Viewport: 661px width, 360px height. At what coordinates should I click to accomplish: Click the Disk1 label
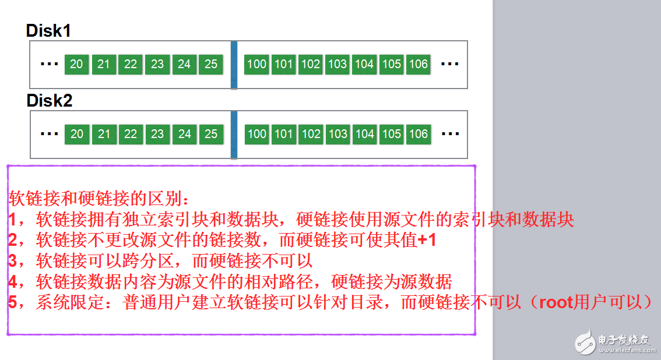[x=48, y=31]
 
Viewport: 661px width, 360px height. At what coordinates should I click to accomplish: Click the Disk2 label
[x=50, y=101]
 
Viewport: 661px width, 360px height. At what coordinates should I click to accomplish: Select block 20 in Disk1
[x=76, y=64]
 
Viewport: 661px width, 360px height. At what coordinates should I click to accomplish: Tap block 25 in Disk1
[x=211, y=64]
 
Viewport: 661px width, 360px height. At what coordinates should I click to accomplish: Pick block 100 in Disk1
[x=256, y=64]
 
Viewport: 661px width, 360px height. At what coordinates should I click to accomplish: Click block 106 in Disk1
[x=418, y=64]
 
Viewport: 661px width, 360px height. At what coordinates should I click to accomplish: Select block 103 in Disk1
[x=337, y=64]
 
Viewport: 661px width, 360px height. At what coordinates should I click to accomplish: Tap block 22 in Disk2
[x=131, y=134]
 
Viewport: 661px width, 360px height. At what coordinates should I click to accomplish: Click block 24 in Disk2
[x=185, y=134]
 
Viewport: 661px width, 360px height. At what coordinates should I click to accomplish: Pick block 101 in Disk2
[x=283, y=134]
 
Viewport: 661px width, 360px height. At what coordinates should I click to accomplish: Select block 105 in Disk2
[x=391, y=134]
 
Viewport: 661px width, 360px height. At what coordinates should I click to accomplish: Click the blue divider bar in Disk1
[x=234, y=65]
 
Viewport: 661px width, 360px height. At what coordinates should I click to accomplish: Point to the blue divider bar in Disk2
[x=234, y=135]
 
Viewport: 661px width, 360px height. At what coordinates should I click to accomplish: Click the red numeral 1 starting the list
[x=13, y=220]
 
